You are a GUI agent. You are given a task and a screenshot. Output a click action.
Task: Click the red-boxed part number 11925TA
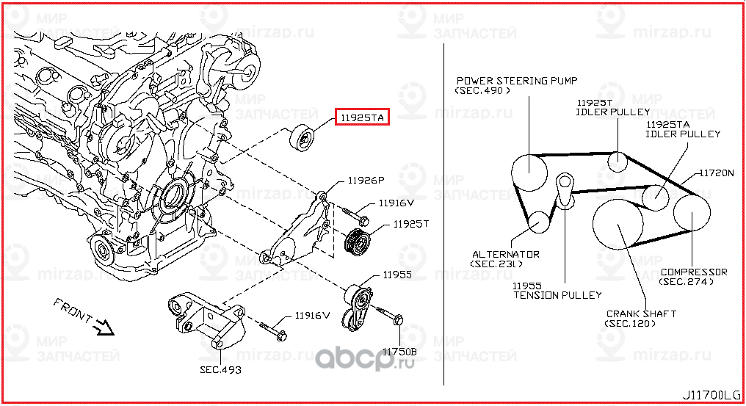pyautogui.click(x=361, y=117)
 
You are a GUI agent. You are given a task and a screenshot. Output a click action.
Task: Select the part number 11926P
pyautogui.click(x=366, y=180)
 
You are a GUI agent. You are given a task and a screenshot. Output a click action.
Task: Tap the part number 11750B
pyautogui.click(x=399, y=352)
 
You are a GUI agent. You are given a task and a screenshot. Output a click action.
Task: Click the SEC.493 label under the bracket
pyautogui.click(x=220, y=370)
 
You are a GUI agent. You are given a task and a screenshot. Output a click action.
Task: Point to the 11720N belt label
pyautogui.click(x=716, y=174)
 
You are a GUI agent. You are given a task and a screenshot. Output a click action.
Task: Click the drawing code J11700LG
pyautogui.click(x=712, y=396)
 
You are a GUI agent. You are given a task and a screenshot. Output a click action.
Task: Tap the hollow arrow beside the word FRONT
pyautogui.click(x=105, y=327)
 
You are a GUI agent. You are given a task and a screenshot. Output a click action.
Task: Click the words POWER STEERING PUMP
pyautogui.click(x=517, y=81)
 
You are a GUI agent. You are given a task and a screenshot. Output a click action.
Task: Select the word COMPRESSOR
pyautogui.click(x=693, y=272)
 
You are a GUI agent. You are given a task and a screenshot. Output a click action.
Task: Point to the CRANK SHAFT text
pyautogui.click(x=640, y=313)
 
